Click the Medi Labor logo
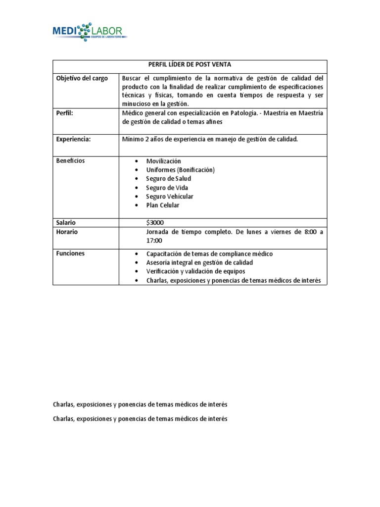pos(90,32)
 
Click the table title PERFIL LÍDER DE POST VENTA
pos(190,65)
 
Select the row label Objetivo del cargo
pos(82,79)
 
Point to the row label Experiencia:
pos(73,140)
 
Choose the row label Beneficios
pos(70,161)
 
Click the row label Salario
pos(66,223)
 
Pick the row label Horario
pos(67,232)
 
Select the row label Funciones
pos(70,253)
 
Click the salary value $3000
pos(155,223)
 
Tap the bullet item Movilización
pos(163,161)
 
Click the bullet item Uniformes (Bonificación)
pos(180,170)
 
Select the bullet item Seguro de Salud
pos(168,179)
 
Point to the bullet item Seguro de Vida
pos(167,188)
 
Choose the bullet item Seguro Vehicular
pos(170,197)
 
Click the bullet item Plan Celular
pos(162,205)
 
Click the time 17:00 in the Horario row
pos(154,241)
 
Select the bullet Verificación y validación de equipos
pos(195,271)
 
